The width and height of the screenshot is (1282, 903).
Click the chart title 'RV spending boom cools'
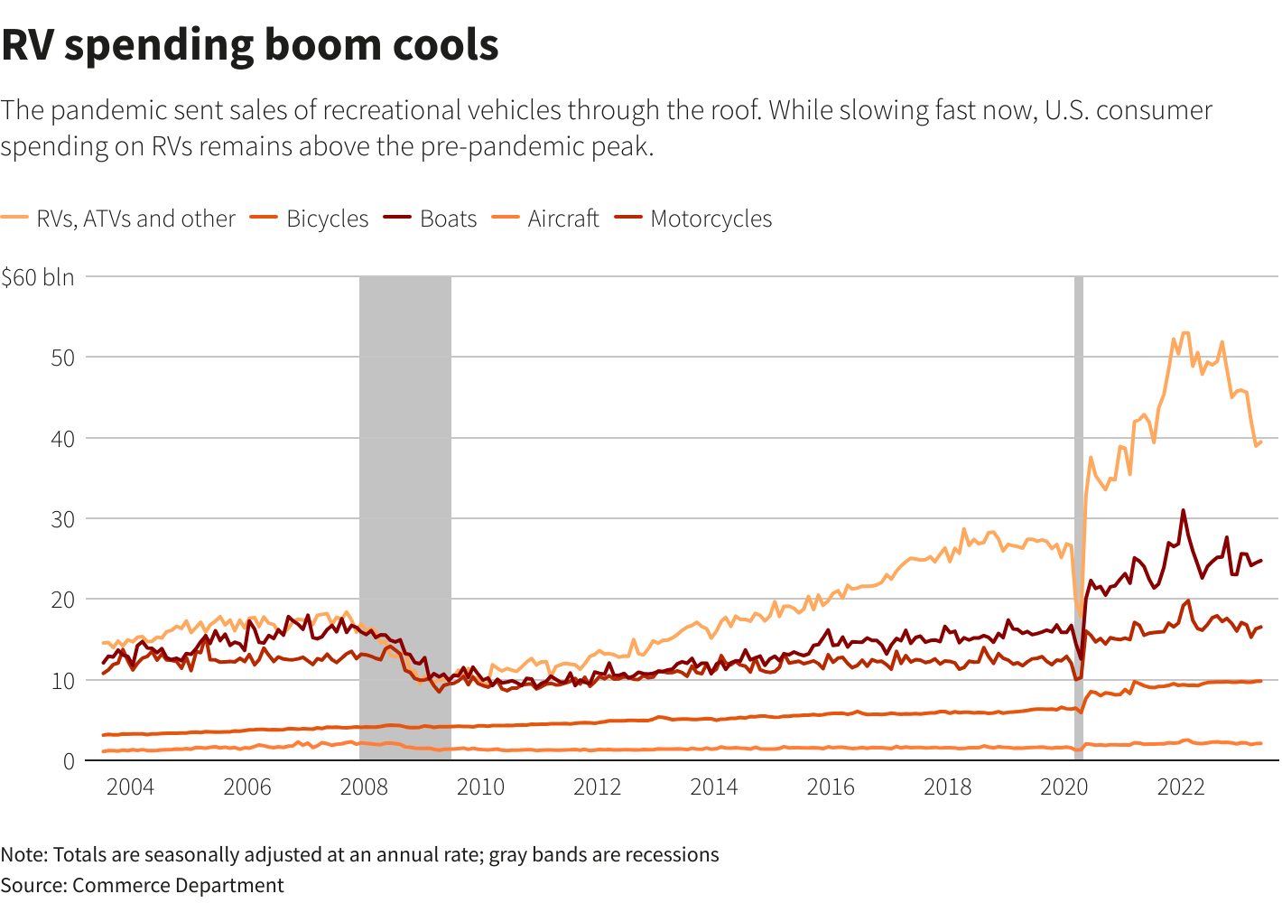pyautogui.click(x=250, y=45)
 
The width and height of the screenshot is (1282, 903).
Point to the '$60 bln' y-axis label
pyautogui.click(x=38, y=277)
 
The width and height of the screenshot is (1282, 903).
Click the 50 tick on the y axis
pyautogui.click(x=62, y=358)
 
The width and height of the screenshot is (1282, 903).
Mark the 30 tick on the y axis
pyautogui.click(x=62, y=519)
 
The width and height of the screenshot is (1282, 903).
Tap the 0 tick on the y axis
pyautogui.click(x=69, y=761)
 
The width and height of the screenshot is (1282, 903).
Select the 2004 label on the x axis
pyautogui.click(x=130, y=787)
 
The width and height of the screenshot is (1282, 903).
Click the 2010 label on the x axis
pyautogui.click(x=480, y=787)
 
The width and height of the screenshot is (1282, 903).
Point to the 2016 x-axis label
pyautogui.click(x=831, y=787)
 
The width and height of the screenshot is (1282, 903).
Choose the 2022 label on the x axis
pyautogui.click(x=1181, y=787)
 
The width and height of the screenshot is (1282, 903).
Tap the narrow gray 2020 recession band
pyautogui.click(x=1078, y=406)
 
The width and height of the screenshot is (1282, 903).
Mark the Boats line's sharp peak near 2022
pyautogui.click(x=1183, y=511)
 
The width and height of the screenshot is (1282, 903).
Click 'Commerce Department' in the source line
pyautogui.click(x=178, y=886)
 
